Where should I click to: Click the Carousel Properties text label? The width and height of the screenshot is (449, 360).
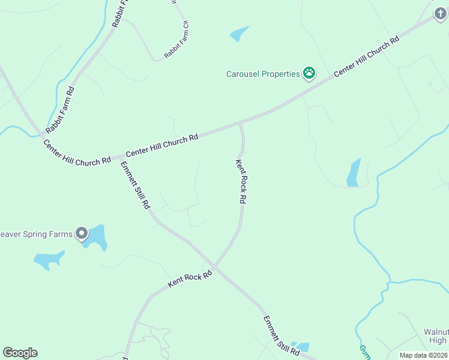coord(263,74)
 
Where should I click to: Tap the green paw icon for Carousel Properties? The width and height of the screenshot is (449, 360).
coord(309,73)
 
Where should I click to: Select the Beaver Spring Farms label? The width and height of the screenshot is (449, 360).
coord(37,233)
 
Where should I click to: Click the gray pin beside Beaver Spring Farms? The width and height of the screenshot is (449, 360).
coord(82,233)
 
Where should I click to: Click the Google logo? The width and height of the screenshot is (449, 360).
coord(20,353)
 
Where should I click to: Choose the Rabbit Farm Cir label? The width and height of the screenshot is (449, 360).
coord(177,41)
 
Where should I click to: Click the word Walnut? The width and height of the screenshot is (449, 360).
coord(436,332)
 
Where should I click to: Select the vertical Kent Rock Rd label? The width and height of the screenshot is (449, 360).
coord(241,181)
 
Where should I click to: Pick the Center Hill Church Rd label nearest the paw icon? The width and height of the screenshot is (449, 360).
coord(366,56)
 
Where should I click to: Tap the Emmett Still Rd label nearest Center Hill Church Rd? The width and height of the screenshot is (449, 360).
coord(135,185)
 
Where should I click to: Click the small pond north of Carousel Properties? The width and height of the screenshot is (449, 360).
coord(239,34)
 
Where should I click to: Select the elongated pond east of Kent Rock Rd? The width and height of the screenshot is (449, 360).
coord(354,173)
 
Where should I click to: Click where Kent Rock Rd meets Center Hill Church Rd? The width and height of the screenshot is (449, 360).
coord(241,124)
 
